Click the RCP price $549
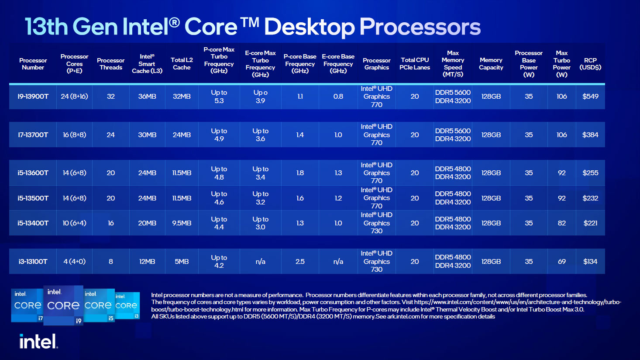coord(590,97)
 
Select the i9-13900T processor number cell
coord(33,97)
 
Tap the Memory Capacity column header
coord(491,64)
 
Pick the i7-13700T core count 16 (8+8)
coord(74,135)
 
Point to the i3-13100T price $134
coord(590,262)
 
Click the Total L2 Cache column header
coord(182,64)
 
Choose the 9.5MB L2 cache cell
coord(182,223)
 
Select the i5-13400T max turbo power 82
coord(561,223)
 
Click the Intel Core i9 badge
coord(63,305)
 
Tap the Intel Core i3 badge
coord(127,305)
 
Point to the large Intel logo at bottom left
coord(38,341)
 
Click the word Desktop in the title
coord(309,27)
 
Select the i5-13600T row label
coord(33,173)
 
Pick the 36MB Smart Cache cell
coord(147,97)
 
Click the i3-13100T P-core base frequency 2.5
coord(300,262)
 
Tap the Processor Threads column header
coord(110,64)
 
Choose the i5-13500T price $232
coord(590,198)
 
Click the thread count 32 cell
coord(110,97)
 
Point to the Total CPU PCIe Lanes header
coord(414,64)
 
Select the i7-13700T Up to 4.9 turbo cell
coord(219,135)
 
